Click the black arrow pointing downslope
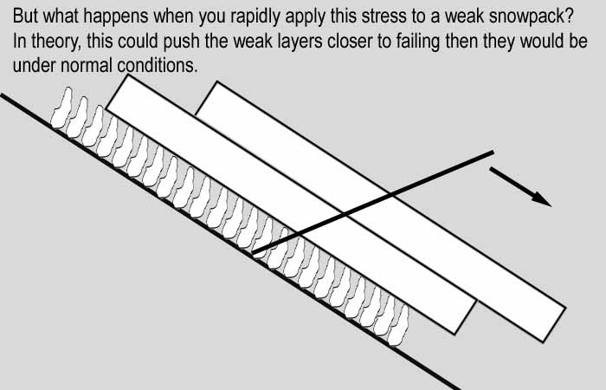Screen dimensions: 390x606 520,186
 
